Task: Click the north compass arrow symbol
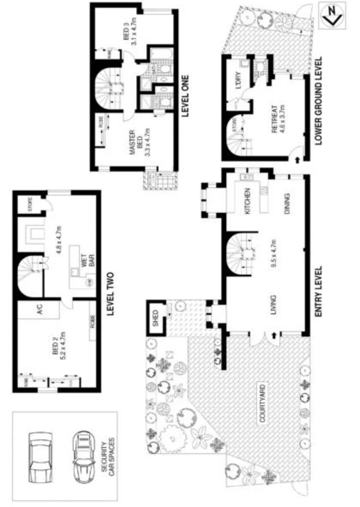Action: (x=332, y=15)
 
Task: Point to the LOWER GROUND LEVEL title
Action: (x=319, y=101)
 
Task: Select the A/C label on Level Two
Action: (x=40, y=310)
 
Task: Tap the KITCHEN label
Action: (x=248, y=200)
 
